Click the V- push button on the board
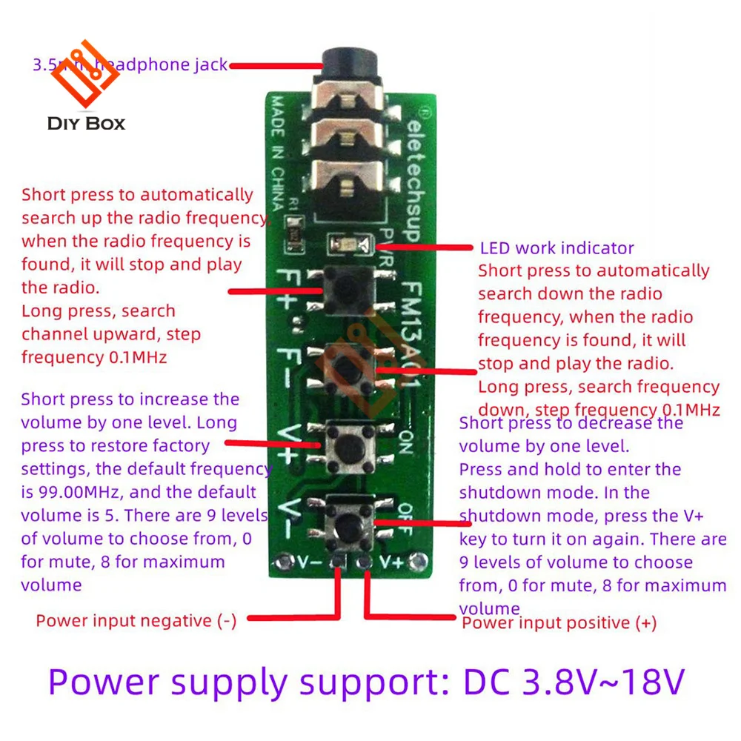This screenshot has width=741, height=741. coord(348,525)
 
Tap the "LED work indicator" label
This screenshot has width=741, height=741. coord(556,248)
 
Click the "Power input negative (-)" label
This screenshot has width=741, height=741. coord(136,621)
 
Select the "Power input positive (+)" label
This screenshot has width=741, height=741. coord(559,623)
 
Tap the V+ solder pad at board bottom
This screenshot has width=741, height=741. coord(364,562)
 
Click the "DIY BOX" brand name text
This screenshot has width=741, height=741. coord(86,123)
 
